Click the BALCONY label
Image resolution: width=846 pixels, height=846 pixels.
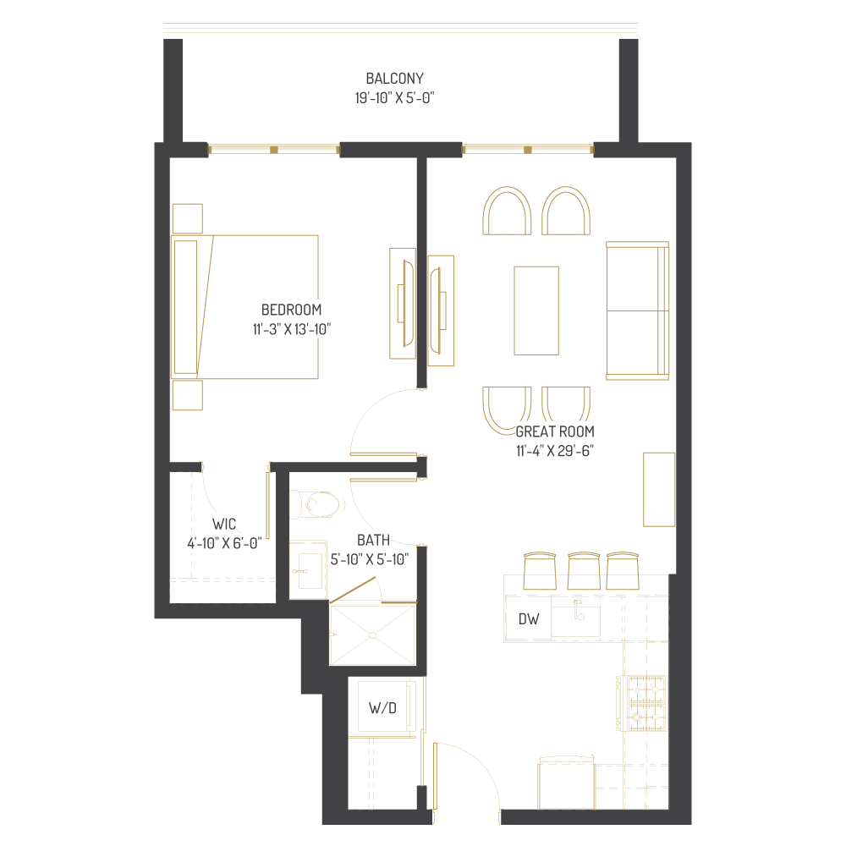395,79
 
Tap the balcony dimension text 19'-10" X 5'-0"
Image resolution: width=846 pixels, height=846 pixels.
395,98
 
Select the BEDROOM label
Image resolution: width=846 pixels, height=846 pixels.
291,310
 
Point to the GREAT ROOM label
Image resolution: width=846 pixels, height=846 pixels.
555,431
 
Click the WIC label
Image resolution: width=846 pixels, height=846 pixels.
224,525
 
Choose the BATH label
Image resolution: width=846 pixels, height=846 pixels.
373,540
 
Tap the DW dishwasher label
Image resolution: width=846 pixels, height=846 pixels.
529,619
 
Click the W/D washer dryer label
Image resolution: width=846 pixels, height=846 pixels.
382,707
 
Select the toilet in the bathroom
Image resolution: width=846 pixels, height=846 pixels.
319,505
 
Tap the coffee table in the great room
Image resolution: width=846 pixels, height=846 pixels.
536,310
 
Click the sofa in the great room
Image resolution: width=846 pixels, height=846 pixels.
637,310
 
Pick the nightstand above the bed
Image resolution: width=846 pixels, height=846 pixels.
187,218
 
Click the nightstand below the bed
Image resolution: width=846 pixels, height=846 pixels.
187,395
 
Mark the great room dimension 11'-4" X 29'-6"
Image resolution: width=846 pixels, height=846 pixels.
555,450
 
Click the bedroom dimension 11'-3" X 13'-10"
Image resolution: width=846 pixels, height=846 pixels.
291,328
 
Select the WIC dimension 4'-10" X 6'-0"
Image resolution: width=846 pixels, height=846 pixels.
224,543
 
